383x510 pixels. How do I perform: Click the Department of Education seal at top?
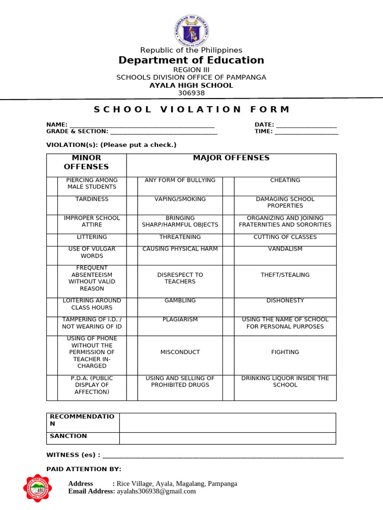191,30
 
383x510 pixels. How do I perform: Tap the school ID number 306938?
191,93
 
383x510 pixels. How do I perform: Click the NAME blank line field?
142,125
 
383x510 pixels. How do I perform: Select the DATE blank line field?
306,125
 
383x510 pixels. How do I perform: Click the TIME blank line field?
306,132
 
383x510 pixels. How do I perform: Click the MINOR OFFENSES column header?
86,162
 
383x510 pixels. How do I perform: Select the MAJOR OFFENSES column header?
231,158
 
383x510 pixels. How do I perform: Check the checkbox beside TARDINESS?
52,205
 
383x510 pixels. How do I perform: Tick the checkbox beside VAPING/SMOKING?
132,205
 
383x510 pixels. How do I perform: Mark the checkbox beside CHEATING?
228,186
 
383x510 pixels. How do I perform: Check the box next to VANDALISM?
228,255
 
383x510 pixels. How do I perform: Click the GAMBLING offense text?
180,301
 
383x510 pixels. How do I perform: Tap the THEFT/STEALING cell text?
285,275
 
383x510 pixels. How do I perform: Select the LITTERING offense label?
92,237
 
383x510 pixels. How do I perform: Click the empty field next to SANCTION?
227,438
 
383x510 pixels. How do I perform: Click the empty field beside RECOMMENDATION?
227,422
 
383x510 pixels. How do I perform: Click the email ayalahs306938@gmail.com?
156,492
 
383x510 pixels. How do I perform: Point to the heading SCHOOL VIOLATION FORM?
191,110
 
